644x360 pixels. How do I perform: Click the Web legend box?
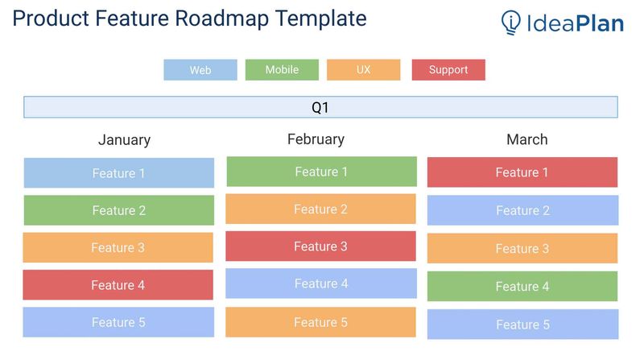coord(200,70)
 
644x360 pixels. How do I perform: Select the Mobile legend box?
coord(282,70)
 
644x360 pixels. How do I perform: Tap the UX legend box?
coord(363,70)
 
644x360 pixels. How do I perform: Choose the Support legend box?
coord(448,70)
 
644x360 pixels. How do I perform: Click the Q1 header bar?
coord(320,107)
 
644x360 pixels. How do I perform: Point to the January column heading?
coord(124,140)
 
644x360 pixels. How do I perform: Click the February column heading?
coord(316,139)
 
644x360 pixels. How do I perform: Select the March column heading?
coord(526,140)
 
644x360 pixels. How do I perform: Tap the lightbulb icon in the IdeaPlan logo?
coord(510,23)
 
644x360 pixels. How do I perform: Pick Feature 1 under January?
coord(118,173)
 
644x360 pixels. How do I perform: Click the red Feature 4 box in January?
coord(118,285)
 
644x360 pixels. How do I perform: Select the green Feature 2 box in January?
coord(118,210)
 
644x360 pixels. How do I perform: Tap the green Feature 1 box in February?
coord(321,172)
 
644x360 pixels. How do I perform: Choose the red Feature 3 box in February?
coord(320,246)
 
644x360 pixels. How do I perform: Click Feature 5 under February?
coord(320,322)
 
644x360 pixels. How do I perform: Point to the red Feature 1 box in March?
coord(522,172)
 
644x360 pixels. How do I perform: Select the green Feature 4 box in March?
coord(522,287)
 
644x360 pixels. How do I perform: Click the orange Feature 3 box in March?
coord(522,249)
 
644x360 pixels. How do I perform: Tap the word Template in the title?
coord(321,19)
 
